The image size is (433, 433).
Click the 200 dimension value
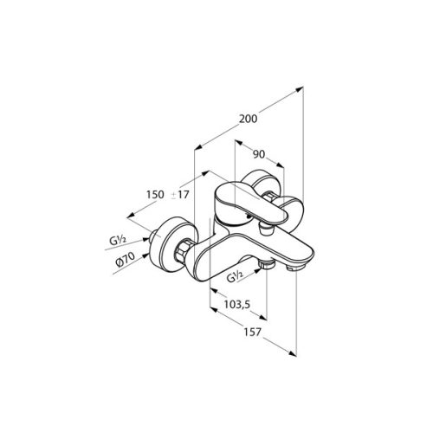(249, 119)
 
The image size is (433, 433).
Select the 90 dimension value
(259, 154)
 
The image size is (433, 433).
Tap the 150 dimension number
(155, 195)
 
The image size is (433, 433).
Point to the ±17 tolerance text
(180, 195)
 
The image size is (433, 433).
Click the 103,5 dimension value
(237, 304)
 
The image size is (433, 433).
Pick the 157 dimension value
(252, 333)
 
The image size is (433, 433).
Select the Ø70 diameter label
(125, 259)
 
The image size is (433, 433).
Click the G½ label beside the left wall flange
(118, 241)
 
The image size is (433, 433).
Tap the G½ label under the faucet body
(235, 278)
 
